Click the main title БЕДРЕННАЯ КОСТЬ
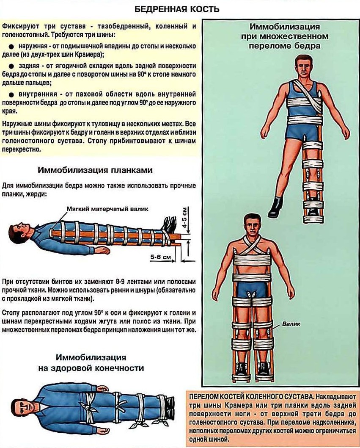point(177,9)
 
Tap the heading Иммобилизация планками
point(95,170)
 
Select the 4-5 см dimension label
point(185,217)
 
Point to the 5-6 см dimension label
point(161,257)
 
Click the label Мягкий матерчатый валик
point(107,209)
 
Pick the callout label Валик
point(291,324)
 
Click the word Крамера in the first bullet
point(88,54)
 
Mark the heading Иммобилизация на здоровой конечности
point(91,363)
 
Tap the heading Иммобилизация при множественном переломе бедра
point(285,36)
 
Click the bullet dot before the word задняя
point(11,66)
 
